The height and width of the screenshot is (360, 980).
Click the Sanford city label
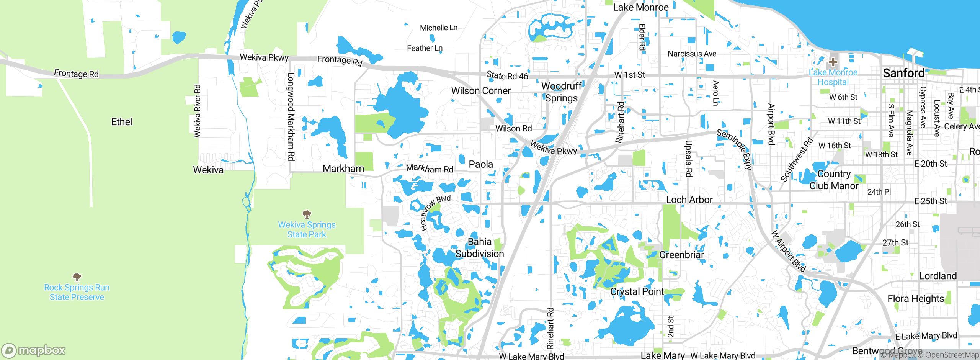(903, 73)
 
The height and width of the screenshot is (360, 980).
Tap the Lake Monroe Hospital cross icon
(833, 62)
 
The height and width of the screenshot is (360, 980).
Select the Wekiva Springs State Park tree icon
(307, 214)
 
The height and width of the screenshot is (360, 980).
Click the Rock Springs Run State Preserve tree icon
(77, 277)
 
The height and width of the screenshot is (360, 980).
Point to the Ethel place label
(122, 122)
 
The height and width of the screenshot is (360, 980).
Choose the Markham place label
(343, 169)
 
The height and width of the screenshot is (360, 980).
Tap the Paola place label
(481, 164)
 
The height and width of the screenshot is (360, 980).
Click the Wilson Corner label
(481, 91)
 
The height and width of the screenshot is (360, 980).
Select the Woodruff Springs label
(561, 92)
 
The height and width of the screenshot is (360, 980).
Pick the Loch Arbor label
(689, 200)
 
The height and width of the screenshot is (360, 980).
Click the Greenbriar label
(681, 255)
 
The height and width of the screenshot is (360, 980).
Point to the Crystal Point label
(637, 291)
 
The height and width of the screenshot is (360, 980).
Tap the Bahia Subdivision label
(480, 248)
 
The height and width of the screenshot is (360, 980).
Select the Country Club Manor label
(834, 180)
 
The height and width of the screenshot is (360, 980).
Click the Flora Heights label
(916, 298)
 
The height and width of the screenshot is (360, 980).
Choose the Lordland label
(938, 276)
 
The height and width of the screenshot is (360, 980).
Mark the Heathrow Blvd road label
(434, 213)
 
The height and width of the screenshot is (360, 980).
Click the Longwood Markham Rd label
(291, 116)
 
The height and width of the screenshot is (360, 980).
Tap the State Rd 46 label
(507, 75)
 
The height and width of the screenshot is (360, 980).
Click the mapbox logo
(34, 350)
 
